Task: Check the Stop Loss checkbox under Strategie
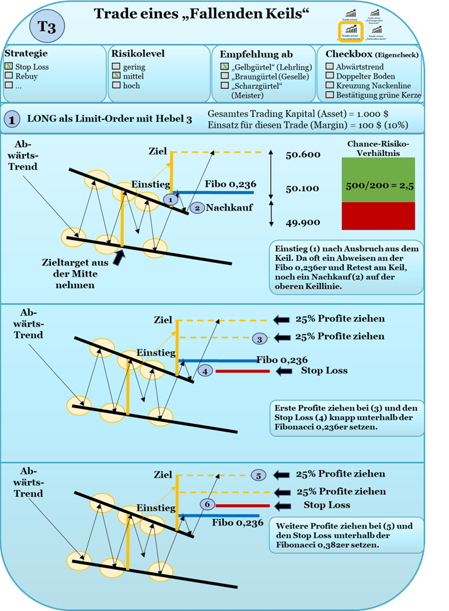9,67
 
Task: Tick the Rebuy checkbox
9,76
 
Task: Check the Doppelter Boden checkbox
330,76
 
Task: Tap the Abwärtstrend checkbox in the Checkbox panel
330,67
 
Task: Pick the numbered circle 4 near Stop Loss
205,371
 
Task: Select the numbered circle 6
208,505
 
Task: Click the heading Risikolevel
138,54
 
